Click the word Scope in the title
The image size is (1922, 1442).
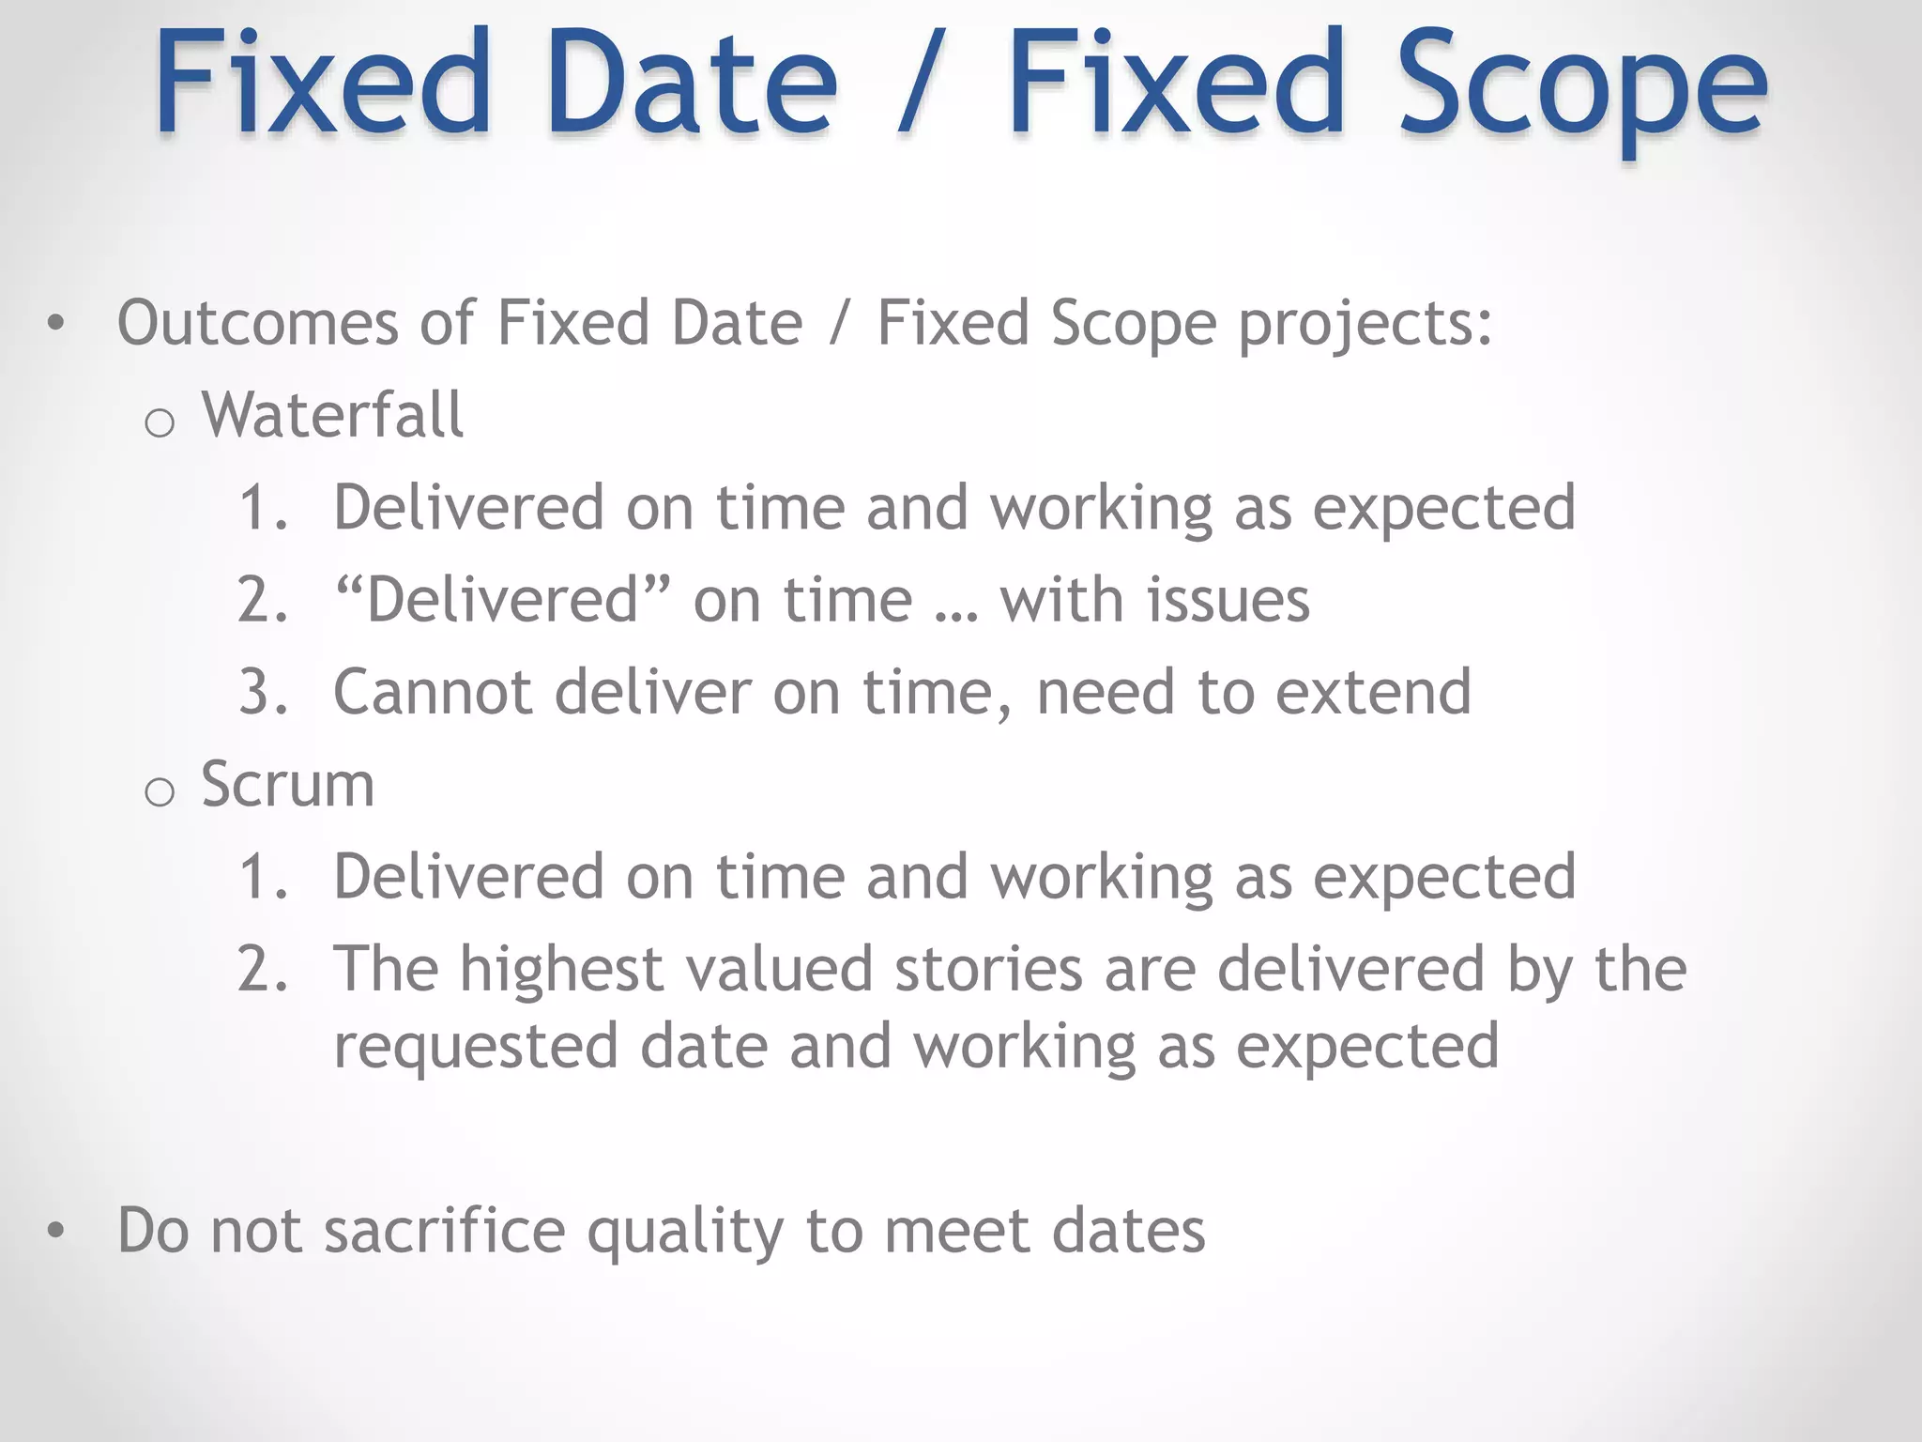pos(1581,84)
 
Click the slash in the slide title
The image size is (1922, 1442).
pos(921,84)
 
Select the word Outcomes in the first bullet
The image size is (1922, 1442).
pos(258,323)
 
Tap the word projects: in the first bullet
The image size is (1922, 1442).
pos(1365,325)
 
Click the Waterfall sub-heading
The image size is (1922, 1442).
pos(332,415)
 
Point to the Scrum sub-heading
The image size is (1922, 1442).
pos(287,784)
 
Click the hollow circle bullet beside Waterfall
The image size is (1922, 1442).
pos(160,423)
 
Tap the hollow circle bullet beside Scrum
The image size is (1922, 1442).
pos(160,792)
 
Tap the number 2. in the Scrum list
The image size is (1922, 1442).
pos(263,969)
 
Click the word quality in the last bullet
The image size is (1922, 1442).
pos(685,1232)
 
